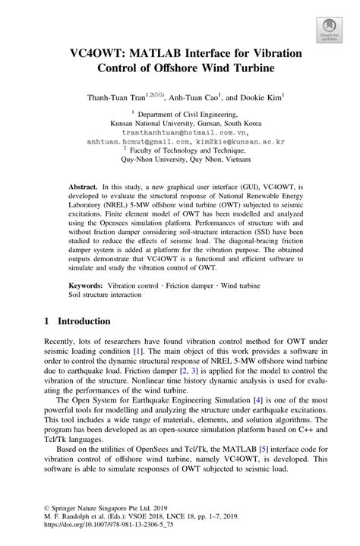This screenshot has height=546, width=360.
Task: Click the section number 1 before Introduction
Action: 46,322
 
